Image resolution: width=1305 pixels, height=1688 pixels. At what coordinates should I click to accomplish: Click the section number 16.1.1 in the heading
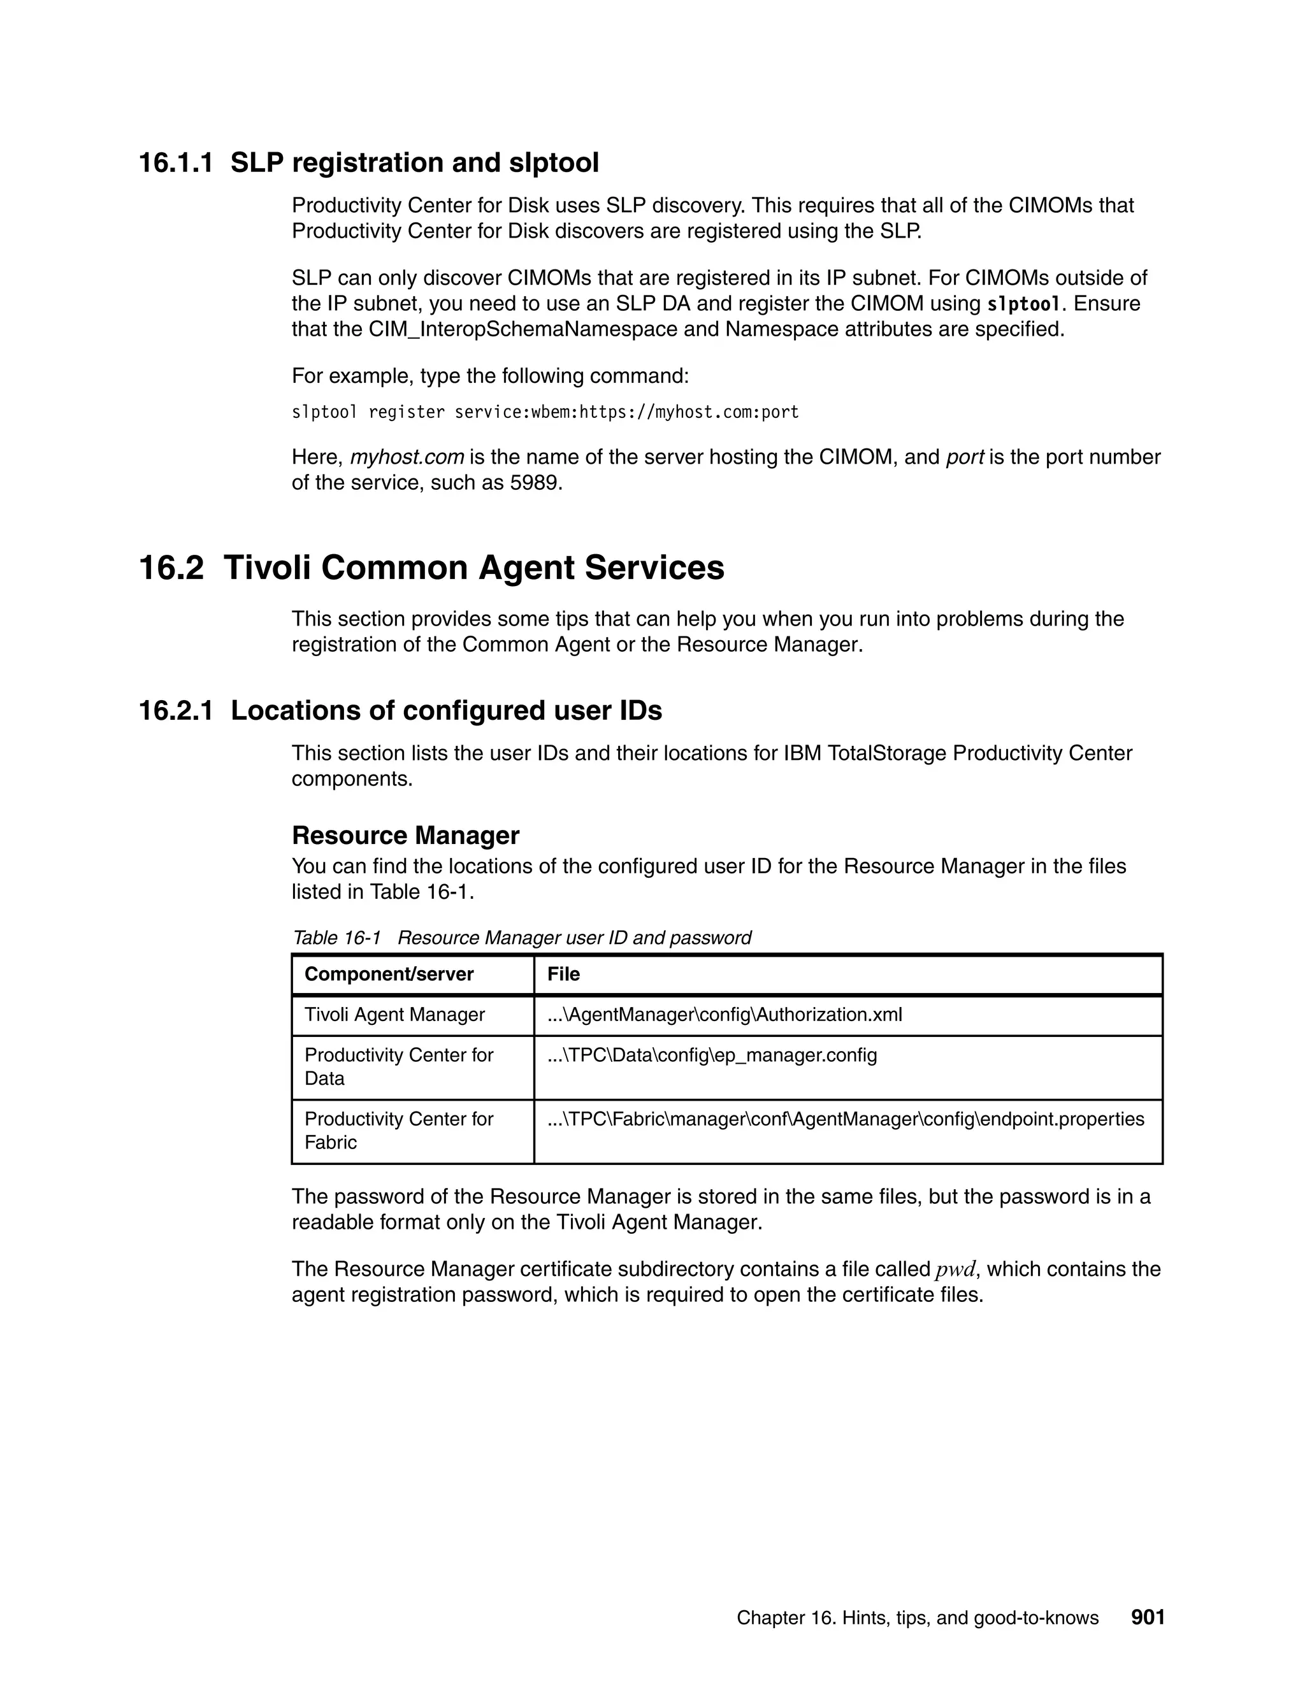(x=175, y=163)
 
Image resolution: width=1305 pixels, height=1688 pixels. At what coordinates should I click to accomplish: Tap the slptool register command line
(x=544, y=413)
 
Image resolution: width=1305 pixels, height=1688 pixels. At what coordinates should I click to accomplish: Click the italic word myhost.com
(x=407, y=457)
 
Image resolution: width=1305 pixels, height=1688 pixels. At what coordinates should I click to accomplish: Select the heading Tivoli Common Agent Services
(x=473, y=568)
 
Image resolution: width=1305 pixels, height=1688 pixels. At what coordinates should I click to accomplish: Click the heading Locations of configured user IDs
(x=446, y=710)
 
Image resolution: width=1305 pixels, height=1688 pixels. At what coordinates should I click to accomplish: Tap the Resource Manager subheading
(x=405, y=836)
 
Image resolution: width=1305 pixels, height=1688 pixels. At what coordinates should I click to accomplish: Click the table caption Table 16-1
(x=337, y=938)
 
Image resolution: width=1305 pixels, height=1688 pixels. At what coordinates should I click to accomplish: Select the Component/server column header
(x=389, y=974)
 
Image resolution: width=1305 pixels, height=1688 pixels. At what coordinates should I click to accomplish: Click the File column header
(x=563, y=974)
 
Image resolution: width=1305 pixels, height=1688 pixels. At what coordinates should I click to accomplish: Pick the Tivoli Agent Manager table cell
(x=394, y=1015)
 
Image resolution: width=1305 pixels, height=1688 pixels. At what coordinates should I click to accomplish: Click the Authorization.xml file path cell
(x=725, y=1015)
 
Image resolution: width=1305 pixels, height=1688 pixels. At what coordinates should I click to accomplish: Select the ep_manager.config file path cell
(x=711, y=1055)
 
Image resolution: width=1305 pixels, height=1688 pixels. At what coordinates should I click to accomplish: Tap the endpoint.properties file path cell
(x=845, y=1119)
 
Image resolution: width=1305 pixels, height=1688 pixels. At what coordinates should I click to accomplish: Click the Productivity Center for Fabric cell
(x=398, y=1131)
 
